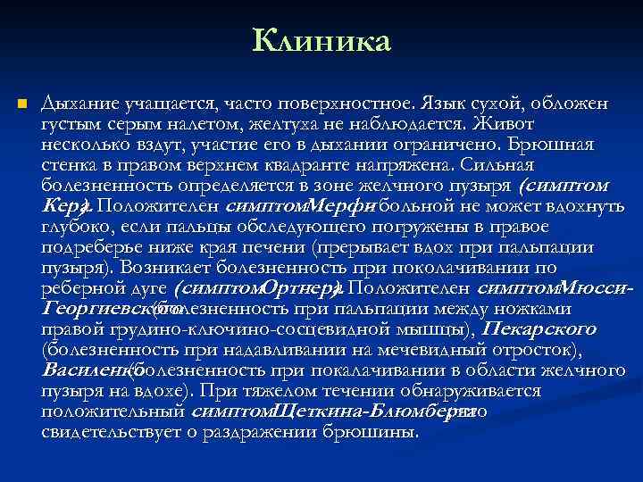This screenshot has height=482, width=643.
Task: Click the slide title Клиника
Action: [x=321, y=40]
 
